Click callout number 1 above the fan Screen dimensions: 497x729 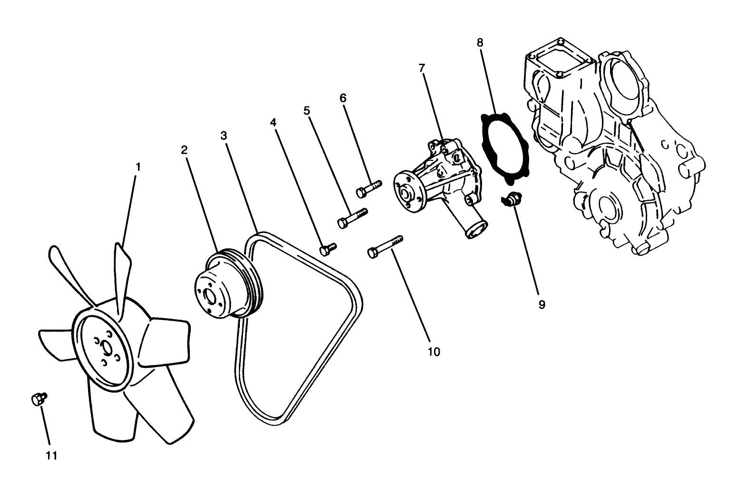138,167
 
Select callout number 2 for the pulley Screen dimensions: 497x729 184,150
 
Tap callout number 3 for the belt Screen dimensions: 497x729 224,135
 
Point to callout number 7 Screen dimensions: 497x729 422,68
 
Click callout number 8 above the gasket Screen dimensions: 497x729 480,42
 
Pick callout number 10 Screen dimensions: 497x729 434,351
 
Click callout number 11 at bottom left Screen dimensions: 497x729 51,455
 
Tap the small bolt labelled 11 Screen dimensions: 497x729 38,399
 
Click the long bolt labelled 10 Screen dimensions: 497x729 384,246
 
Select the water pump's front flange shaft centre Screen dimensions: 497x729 406,194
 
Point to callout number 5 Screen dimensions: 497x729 307,111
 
